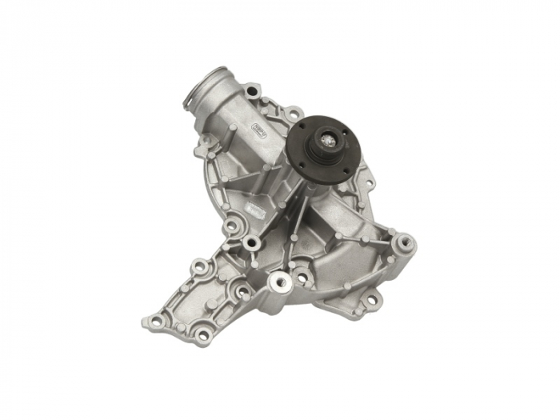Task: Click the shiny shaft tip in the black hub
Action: click(x=329, y=141)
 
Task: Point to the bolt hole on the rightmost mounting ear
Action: click(x=406, y=240)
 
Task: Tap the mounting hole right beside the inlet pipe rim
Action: click(x=252, y=90)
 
